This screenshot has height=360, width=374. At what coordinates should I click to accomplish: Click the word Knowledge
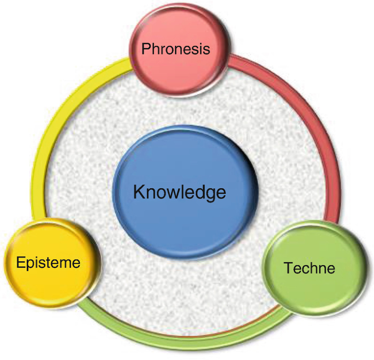(x=180, y=192)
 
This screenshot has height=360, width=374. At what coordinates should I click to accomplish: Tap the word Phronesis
(x=175, y=49)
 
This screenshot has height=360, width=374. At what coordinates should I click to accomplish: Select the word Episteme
(x=48, y=263)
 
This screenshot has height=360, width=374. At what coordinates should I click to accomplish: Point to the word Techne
(x=309, y=268)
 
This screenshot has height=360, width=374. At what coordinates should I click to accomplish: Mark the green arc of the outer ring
(x=180, y=339)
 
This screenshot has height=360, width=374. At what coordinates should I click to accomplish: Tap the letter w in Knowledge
(x=169, y=193)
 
